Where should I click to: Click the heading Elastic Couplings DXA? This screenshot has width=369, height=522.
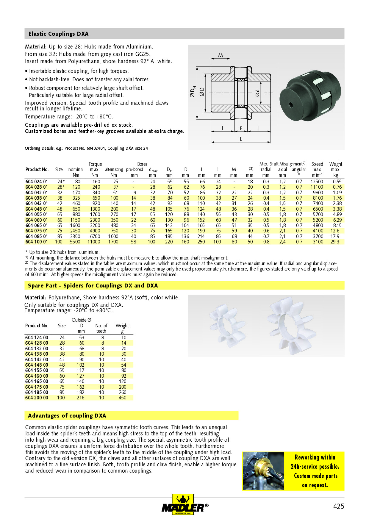(58, 34)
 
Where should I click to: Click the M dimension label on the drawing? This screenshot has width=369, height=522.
(221, 55)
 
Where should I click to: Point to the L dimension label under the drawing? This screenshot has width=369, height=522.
(241, 139)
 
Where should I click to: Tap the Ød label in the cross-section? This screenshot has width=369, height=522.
(258, 93)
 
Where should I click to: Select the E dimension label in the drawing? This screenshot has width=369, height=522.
(241, 128)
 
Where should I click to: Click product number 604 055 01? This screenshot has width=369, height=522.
(36, 214)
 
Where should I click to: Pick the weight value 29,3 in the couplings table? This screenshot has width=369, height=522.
(335, 242)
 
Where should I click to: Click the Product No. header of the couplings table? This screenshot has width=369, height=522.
(37, 169)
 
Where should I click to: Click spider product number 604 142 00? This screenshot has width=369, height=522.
(37, 360)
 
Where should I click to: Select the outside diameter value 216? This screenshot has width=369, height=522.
(81, 398)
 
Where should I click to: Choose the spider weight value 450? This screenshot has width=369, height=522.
(123, 398)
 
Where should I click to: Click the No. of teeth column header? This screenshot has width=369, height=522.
(101, 328)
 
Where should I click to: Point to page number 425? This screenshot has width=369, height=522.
(338, 506)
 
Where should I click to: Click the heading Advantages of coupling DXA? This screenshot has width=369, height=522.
(67, 415)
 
